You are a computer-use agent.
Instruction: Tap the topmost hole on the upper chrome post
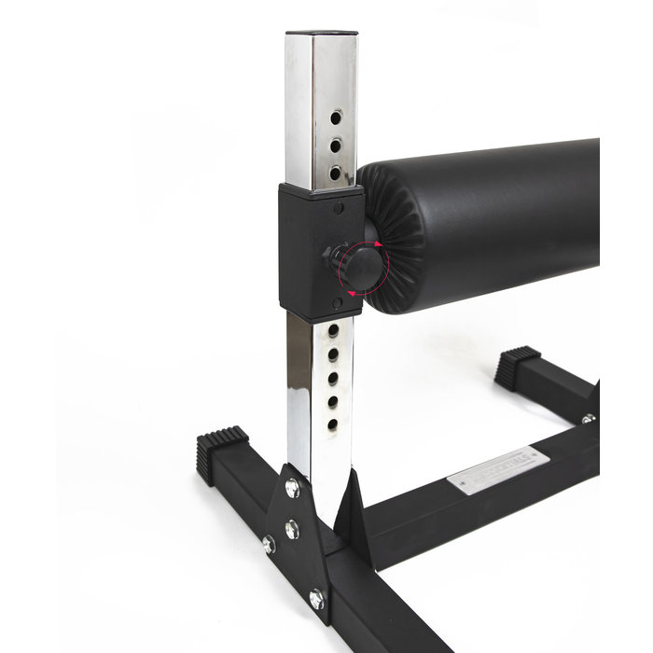pos(336,117)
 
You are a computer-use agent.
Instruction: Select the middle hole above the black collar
pos(336,144)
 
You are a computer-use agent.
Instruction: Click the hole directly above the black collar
pos(335,172)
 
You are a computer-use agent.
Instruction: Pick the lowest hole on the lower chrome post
pos(332,424)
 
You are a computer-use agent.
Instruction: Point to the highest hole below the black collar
pos(333,330)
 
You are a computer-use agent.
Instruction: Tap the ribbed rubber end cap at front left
pos(222,453)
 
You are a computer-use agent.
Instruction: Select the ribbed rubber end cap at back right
pos(518,367)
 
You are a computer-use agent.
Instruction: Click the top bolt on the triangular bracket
pos(292,486)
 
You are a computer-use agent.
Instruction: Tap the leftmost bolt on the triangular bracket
pos(270,543)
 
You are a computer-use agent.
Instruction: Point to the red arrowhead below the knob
pos(352,293)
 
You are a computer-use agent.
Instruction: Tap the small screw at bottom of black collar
pos(339,301)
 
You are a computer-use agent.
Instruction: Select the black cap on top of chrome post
pos(320,35)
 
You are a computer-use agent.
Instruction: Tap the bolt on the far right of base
pos(588,419)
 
